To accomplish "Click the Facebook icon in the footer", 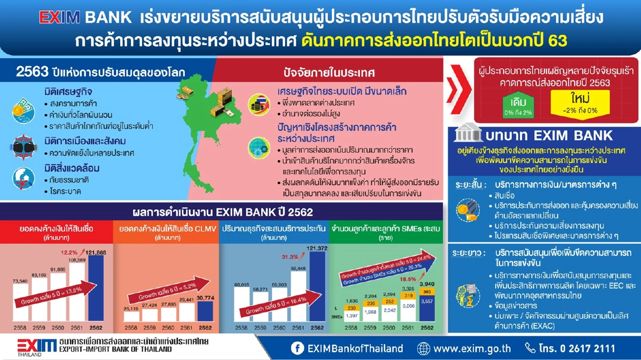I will [297, 348].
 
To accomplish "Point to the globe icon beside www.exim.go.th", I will [423, 348].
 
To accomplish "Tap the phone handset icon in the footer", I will [530, 348].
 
